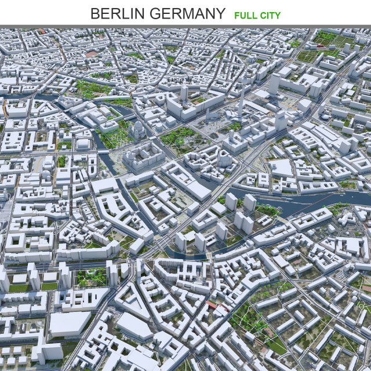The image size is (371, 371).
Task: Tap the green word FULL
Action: (x=245, y=15)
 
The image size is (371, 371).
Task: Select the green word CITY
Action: (x=270, y=15)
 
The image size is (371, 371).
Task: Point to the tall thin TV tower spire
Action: (x=242, y=99)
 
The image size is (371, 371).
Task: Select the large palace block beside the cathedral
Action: (x=143, y=157)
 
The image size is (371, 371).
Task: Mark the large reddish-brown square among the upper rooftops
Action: (x=92, y=54)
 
